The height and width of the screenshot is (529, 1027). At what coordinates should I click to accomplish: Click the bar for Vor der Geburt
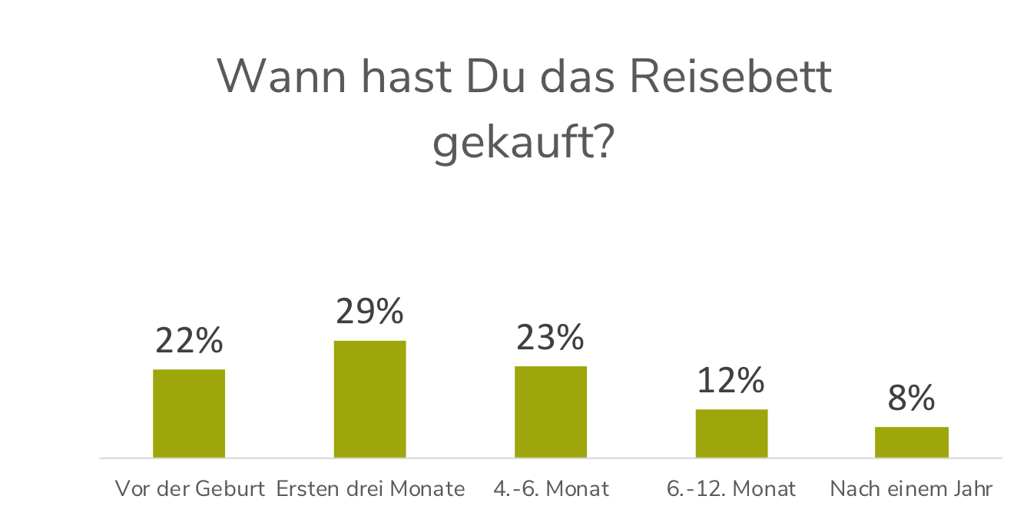click(189, 413)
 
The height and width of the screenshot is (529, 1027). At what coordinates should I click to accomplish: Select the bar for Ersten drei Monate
click(369, 398)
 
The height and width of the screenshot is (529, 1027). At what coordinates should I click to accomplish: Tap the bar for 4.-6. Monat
click(551, 412)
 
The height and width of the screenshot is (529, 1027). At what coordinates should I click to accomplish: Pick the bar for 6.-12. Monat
click(731, 433)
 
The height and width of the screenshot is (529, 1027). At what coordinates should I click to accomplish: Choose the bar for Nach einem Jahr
click(912, 442)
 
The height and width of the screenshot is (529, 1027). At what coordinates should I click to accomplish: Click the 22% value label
click(189, 341)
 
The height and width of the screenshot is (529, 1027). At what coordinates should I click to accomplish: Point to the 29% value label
click(369, 312)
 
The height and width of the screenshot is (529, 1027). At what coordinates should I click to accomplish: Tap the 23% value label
click(550, 338)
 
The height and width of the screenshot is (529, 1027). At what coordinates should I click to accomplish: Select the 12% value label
click(730, 381)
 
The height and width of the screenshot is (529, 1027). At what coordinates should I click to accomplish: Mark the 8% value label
click(912, 398)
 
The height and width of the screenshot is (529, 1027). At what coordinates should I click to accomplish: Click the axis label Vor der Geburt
click(190, 488)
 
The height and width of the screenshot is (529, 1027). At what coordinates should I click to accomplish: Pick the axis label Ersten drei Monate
click(370, 488)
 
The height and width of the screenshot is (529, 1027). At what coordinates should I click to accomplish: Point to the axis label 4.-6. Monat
click(551, 488)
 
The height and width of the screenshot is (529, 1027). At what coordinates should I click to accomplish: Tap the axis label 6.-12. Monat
click(731, 488)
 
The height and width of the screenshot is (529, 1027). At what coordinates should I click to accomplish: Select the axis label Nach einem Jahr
click(912, 488)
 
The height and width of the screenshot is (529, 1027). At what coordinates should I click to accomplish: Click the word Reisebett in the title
click(730, 77)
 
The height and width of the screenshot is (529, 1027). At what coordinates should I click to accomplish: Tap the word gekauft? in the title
click(522, 142)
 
